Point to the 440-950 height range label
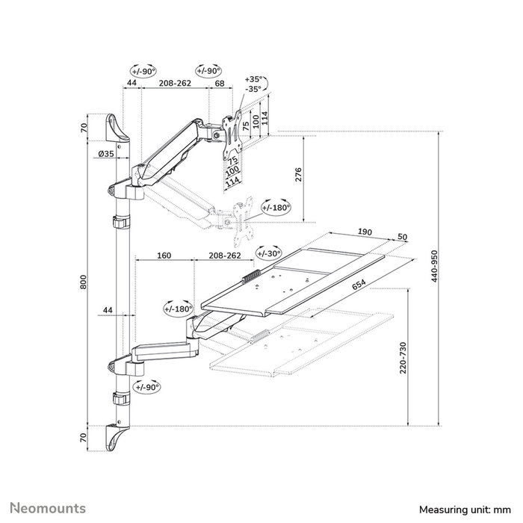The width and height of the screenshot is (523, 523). (x=435, y=274)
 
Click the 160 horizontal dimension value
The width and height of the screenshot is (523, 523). (x=164, y=256)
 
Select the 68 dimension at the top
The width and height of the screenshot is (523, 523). (x=220, y=84)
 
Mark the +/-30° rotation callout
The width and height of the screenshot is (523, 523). (x=267, y=254)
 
